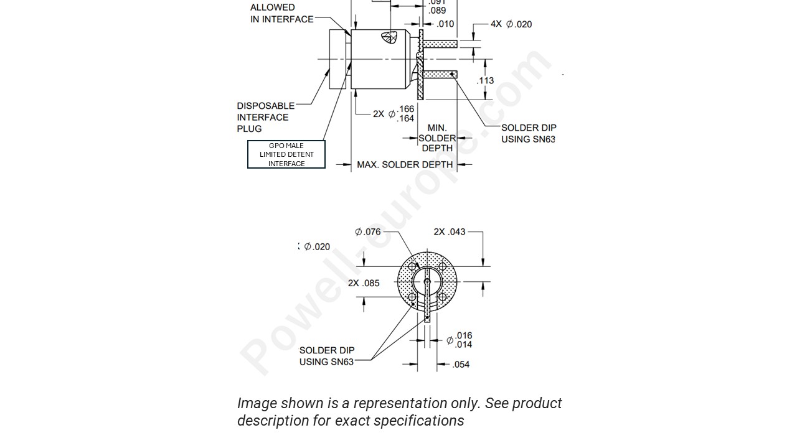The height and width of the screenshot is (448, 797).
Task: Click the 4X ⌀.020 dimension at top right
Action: coord(511,24)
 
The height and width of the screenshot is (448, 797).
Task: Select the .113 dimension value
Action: coord(485,80)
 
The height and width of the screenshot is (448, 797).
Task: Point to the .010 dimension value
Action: coord(445,24)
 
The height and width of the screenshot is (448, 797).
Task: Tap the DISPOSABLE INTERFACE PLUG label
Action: coord(266,117)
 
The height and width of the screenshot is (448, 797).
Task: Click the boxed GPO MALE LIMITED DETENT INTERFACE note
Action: coord(286,154)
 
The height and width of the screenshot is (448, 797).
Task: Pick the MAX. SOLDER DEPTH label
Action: coord(405,165)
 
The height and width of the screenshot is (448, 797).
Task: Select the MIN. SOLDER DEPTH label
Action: coord(437,138)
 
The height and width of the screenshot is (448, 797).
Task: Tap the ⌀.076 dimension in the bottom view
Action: coord(368,232)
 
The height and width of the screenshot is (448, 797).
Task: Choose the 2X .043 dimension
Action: coord(450,232)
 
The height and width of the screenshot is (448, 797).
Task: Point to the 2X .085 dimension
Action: coord(364,283)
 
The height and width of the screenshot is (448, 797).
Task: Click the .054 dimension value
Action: coord(460,365)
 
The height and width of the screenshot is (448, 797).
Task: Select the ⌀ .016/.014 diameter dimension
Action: coord(460,340)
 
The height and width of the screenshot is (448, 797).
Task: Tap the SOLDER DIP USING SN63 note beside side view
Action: coord(529,133)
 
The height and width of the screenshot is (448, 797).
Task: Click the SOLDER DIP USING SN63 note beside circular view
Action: coord(327,356)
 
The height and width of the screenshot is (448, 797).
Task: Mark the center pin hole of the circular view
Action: coord(427,282)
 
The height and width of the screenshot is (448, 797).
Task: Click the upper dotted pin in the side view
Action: coord(440,44)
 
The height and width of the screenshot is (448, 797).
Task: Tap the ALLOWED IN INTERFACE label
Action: coord(281,13)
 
